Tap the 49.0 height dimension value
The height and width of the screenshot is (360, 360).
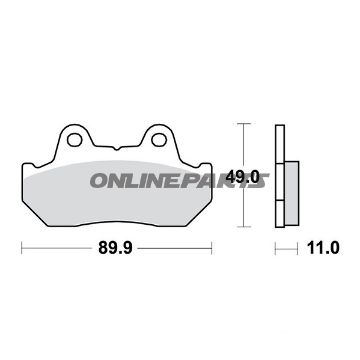[x=243, y=177]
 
